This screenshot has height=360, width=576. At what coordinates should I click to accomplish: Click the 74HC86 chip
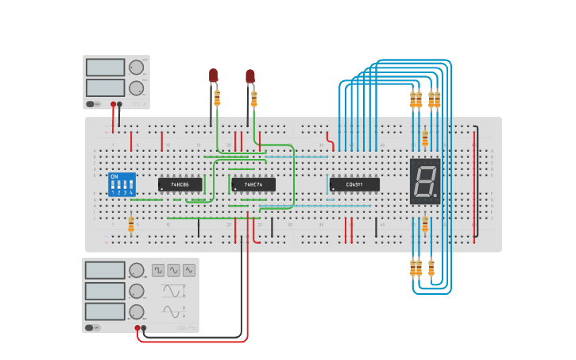(x=180, y=184)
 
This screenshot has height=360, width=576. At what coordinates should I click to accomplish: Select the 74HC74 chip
(x=253, y=184)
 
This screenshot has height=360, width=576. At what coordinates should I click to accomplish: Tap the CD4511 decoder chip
(x=354, y=184)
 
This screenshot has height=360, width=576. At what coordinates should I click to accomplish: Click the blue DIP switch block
(x=122, y=184)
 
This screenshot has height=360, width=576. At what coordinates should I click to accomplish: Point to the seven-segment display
(x=425, y=181)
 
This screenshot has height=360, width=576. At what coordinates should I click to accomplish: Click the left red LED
(x=213, y=75)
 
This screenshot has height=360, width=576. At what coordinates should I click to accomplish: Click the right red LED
(x=250, y=76)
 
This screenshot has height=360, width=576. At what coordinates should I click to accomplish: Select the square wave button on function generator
(x=158, y=270)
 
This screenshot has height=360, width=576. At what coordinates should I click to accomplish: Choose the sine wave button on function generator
(x=173, y=270)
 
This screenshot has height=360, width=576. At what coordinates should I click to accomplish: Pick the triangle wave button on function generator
(x=189, y=270)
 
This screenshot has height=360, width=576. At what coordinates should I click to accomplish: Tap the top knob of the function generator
(x=137, y=271)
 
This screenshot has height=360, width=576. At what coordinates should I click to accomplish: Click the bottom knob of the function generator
(x=137, y=312)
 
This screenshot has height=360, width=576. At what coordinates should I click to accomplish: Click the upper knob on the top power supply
(x=137, y=68)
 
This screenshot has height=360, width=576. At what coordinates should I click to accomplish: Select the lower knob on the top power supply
(x=137, y=87)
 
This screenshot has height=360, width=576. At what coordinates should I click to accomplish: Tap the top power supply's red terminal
(x=114, y=104)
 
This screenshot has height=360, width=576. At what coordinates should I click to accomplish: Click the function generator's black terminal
(x=144, y=327)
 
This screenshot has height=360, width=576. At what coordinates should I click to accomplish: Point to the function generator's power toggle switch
(x=92, y=327)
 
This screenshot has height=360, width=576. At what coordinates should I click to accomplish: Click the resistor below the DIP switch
(x=131, y=226)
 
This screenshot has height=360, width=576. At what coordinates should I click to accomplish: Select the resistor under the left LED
(x=218, y=97)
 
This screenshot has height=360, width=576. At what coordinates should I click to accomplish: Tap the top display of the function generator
(x=105, y=270)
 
